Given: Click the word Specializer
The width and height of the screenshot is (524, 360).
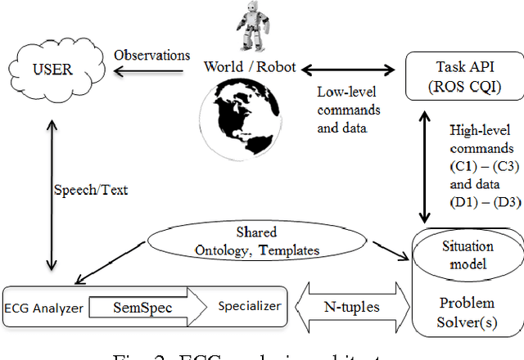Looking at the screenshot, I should point(249,306).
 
